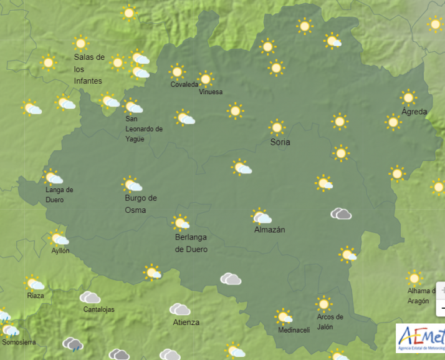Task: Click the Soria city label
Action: pos(280,142)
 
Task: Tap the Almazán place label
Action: pos(269,230)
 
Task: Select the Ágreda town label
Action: pos(414,112)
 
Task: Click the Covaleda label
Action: pos(184,84)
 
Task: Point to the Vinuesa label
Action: pos(211,92)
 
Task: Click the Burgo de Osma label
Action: pos(140,204)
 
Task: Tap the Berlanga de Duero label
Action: pos(191,243)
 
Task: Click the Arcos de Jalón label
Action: pos(330,321)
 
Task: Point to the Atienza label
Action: pos(186,322)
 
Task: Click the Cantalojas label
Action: pos(99,309)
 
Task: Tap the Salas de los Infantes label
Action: pos(89,69)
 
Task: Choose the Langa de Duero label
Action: pos(59,195)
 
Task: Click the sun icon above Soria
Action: pos(277,127)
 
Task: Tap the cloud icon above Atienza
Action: pos(180,309)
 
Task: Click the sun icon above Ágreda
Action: pos(408,97)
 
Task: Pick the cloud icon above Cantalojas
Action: pos(90,298)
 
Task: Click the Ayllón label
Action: pos(60,251)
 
